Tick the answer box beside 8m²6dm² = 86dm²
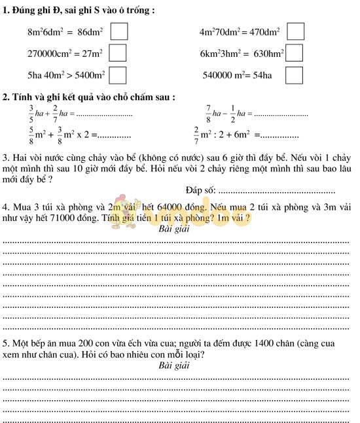click(118, 31)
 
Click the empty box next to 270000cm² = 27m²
click(117, 53)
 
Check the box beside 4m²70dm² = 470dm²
click(296, 31)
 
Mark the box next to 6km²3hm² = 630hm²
click(295, 53)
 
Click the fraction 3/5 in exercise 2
click(31, 114)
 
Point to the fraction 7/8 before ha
click(209, 114)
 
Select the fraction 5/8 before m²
click(31, 135)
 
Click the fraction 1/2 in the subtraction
click(232, 114)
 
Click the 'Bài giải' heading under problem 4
click(174, 229)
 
